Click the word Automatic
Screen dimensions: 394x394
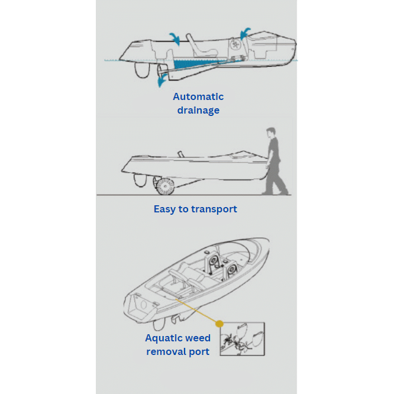(x=198, y=97)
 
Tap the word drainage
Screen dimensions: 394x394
(x=198, y=111)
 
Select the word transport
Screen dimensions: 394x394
(x=214, y=209)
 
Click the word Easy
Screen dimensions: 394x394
(x=164, y=209)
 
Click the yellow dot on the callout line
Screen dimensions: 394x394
(x=219, y=324)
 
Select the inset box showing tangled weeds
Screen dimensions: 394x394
(x=242, y=339)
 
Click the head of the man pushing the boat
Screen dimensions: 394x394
(x=271, y=133)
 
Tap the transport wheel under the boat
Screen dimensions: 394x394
(x=165, y=186)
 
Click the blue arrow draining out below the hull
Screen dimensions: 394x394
(x=162, y=80)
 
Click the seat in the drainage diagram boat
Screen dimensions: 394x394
(x=201, y=47)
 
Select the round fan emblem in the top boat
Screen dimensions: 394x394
(x=235, y=45)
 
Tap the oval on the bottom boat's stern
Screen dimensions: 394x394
(x=144, y=305)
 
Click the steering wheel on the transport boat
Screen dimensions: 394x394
(x=181, y=154)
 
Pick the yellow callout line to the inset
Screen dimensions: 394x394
(x=196, y=311)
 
